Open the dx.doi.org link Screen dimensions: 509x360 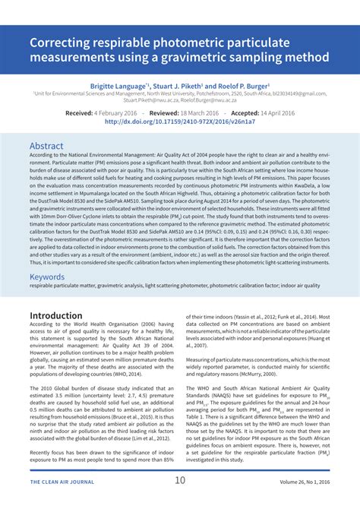click(x=180, y=120)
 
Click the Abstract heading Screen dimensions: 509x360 click(x=46, y=145)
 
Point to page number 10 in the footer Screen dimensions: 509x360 click(x=180, y=480)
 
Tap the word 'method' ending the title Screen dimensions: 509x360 click(x=305, y=58)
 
